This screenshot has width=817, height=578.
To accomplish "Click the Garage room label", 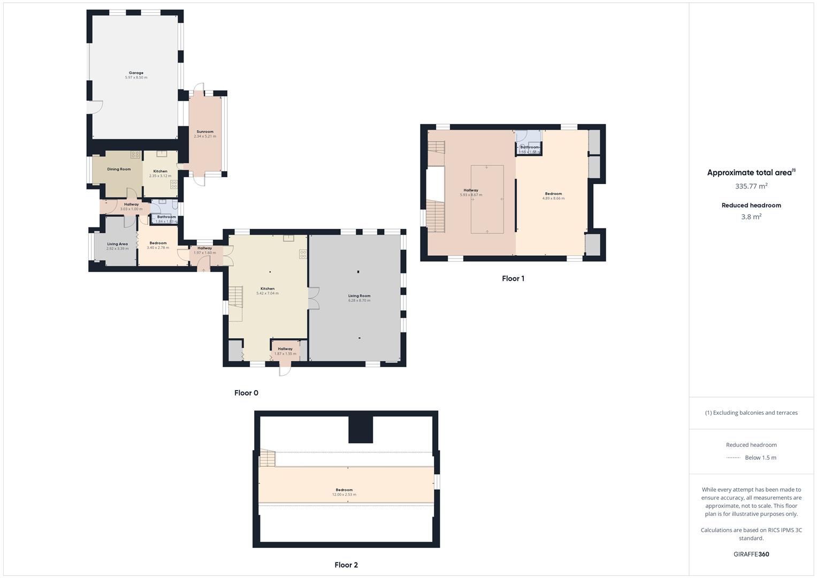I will point(136,73).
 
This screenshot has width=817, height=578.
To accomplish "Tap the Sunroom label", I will point(205,132).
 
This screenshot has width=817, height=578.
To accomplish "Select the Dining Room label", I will point(119,169).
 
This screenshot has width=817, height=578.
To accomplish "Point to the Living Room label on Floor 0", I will point(359,295).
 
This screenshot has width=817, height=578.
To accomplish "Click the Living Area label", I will point(117,244).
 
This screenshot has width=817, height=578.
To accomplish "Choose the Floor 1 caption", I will point(513,278).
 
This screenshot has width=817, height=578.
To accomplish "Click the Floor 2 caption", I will point(346,565).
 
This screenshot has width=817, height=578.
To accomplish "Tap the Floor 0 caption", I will point(246,393).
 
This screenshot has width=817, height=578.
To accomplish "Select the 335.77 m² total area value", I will point(751,186).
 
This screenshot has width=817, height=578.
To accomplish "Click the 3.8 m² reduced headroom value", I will point(751,217).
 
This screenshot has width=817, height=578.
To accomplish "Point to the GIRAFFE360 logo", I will point(751,554).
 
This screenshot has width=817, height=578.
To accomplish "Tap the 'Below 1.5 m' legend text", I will point(760,458).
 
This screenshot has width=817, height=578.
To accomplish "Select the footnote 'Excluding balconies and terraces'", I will point(751,413).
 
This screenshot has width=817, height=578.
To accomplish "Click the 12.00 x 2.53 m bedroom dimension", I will point(344,495).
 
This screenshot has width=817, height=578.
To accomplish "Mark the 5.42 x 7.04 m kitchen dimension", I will point(268,293).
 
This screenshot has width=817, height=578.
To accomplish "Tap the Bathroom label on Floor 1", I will point(530,147).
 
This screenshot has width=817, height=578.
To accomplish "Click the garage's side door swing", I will point(94,107).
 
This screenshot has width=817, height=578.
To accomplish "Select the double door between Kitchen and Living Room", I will point(314,298).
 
